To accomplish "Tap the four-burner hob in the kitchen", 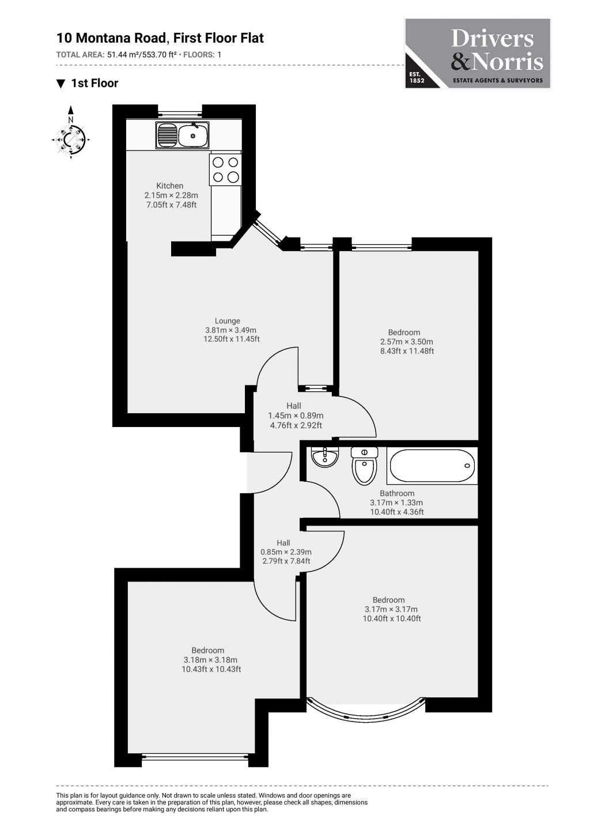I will (x=225, y=169).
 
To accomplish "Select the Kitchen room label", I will (x=170, y=186).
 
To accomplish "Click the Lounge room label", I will (x=228, y=321).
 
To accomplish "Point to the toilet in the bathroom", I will (x=364, y=466).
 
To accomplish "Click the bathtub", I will (x=432, y=466).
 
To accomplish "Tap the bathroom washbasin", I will (x=324, y=457).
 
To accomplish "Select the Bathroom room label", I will (x=397, y=493).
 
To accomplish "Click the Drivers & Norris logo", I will (x=478, y=53).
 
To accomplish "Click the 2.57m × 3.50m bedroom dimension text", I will (x=407, y=342).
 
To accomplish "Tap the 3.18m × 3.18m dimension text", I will (x=210, y=660).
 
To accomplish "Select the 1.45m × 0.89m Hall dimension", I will (x=296, y=415).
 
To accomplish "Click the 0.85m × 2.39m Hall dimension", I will (x=286, y=552).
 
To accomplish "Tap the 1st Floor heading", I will (x=94, y=83).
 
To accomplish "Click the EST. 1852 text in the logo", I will (x=417, y=78).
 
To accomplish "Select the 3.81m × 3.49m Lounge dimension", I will (x=230, y=330).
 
